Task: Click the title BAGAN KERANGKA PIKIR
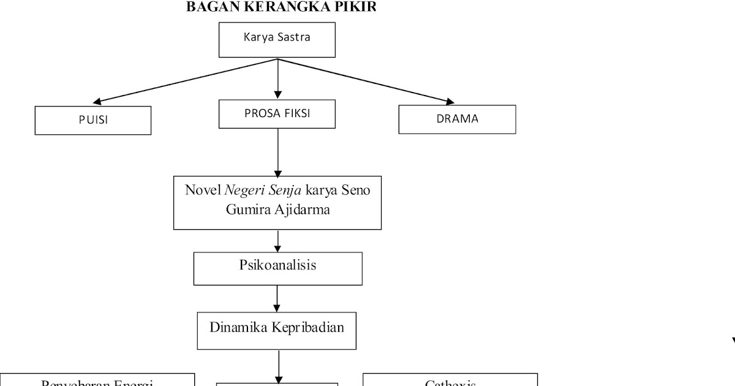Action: click(x=281, y=7)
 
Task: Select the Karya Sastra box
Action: click(x=277, y=39)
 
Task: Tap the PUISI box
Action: click(x=93, y=120)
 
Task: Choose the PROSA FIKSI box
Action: click(x=277, y=114)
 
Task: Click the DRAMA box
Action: click(x=457, y=119)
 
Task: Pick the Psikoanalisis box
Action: click(x=277, y=268)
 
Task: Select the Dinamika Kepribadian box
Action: click(x=277, y=330)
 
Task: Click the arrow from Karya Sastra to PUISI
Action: click(x=184, y=81)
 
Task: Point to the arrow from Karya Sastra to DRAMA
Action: click(x=367, y=81)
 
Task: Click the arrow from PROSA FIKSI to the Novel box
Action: click(x=277, y=153)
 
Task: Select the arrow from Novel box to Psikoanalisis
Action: click(x=277, y=241)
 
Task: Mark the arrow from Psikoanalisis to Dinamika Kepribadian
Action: click(x=277, y=298)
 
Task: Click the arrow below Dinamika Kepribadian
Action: click(x=279, y=366)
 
